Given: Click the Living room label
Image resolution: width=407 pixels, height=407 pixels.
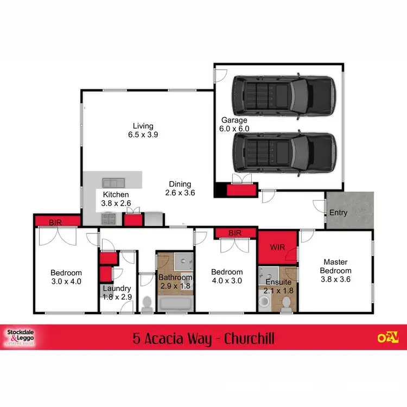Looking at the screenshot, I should tap(144, 126).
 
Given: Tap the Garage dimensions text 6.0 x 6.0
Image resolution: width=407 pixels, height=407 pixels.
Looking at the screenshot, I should tap(234, 129).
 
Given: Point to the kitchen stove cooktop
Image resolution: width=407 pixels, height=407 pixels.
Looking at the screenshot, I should tap(107, 219).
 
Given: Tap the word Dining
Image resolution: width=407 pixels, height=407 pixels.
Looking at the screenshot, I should tap(180, 184).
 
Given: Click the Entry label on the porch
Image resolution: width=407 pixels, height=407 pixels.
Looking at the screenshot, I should tap(339, 213).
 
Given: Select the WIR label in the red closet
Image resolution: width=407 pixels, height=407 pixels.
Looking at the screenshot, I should tap(277, 247).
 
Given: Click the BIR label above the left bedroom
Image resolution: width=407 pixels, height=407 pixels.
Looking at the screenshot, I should tap(55, 222).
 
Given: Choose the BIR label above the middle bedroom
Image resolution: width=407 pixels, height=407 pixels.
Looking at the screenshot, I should tap(234, 233).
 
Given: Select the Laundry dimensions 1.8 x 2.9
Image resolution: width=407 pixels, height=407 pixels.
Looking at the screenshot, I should tap(117, 296).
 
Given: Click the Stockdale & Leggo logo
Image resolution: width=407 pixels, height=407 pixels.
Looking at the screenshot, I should tap(20, 336).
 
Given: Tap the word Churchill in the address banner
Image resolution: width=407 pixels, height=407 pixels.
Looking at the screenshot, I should tap(243, 339).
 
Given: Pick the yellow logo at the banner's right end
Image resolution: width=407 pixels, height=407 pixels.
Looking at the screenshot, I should tap(388, 337).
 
